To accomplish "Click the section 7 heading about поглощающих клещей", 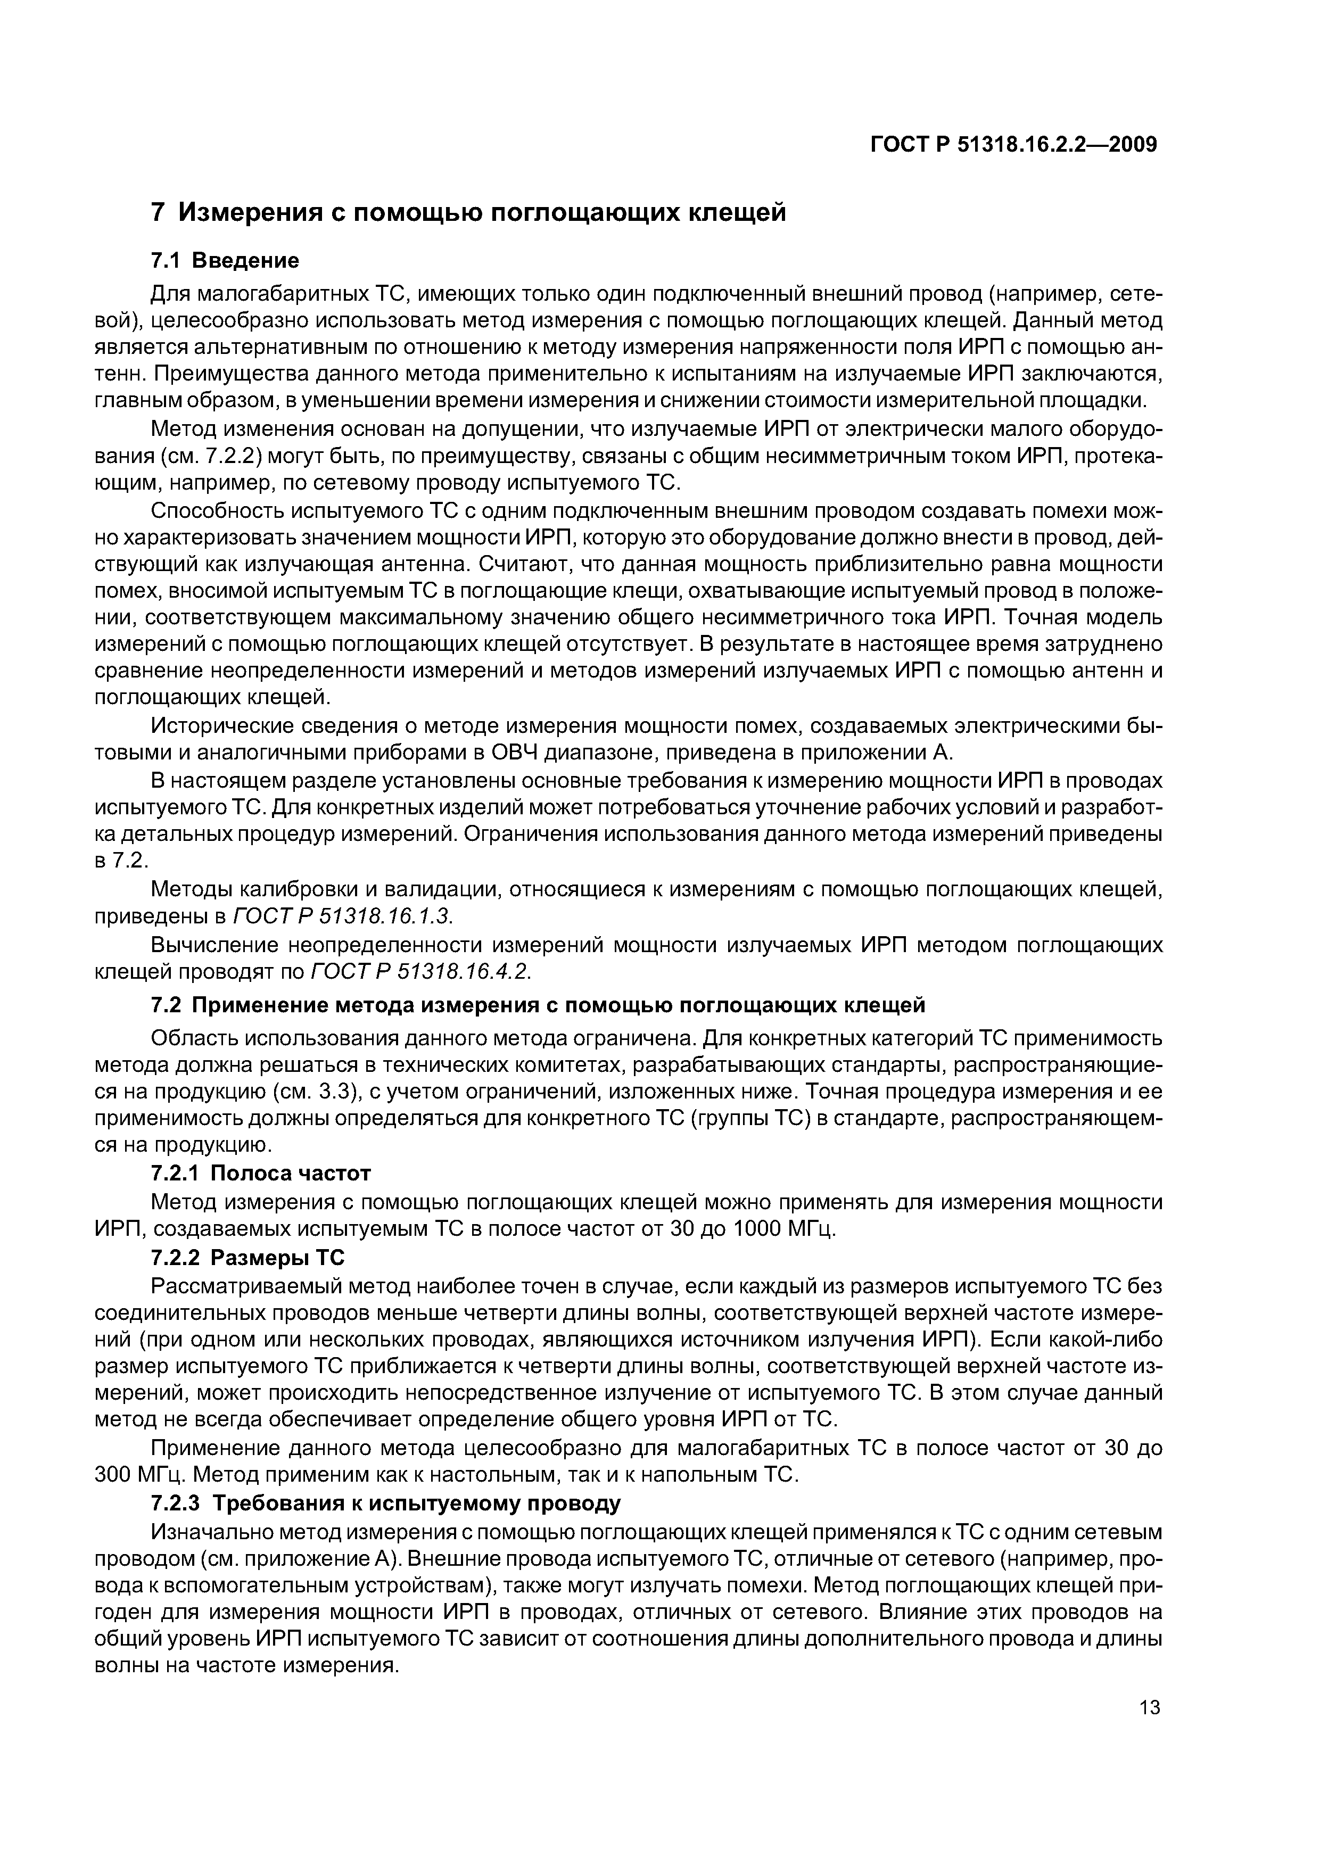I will click(x=469, y=212).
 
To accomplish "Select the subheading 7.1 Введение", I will click(x=225, y=260).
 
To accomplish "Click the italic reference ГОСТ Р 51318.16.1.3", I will click(x=342, y=916).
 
